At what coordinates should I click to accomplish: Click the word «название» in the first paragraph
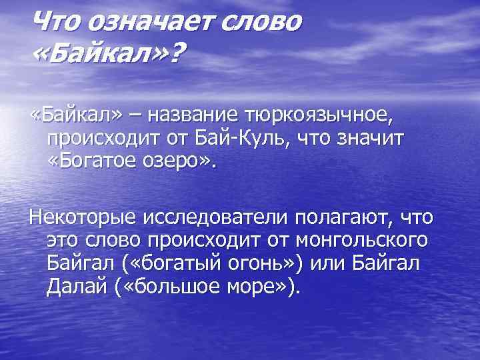point(196,117)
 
